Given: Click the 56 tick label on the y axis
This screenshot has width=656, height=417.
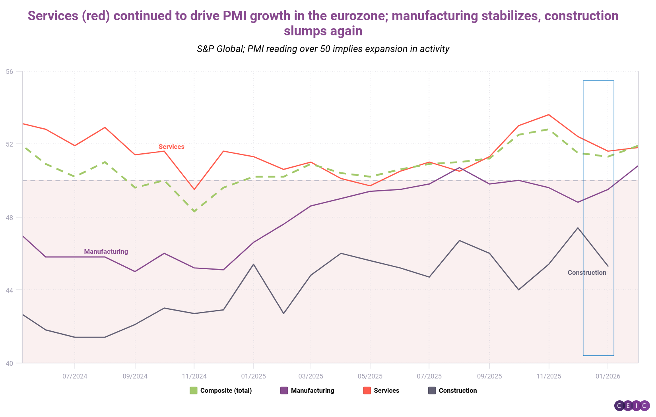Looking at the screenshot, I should (x=9, y=71).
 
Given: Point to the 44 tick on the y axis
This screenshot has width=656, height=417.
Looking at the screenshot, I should (x=9, y=290).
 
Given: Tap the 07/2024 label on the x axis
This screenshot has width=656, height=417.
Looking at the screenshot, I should (x=75, y=376).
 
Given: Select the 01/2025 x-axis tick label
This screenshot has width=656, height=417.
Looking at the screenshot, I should (x=253, y=376).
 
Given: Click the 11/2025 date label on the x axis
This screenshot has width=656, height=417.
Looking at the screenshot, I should (x=549, y=376).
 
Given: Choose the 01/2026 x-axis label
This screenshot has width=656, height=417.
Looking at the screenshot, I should (x=607, y=376).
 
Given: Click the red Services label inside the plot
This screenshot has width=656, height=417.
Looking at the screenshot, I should (x=171, y=147).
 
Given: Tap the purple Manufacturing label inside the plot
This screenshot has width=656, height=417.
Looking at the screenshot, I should (x=106, y=252).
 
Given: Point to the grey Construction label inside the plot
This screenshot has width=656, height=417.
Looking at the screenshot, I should (x=587, y=273).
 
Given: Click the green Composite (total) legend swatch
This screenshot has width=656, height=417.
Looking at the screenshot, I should (x=194, y=391).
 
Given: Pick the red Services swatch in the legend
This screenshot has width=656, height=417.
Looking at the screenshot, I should (x=367, y=391).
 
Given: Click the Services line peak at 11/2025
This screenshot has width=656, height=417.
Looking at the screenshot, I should (x=549, y=115).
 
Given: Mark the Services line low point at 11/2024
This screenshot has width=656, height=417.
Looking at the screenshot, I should (x=194, y=189).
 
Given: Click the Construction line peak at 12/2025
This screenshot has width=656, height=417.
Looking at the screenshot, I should (x=578, y=228).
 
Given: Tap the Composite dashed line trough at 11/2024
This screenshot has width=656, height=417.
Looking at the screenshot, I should (x=194, y=211).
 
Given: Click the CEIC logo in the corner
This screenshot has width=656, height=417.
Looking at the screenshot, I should (x=632, y=405).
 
